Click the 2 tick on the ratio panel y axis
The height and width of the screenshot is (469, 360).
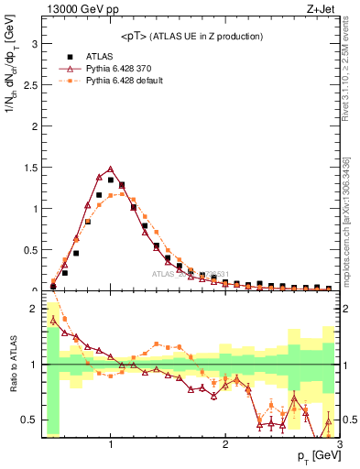36,310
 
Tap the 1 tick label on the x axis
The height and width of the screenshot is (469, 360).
111,446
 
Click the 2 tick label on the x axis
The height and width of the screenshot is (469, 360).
225,446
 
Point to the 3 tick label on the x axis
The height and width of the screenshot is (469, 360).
339,446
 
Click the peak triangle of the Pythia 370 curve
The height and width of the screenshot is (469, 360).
111,169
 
